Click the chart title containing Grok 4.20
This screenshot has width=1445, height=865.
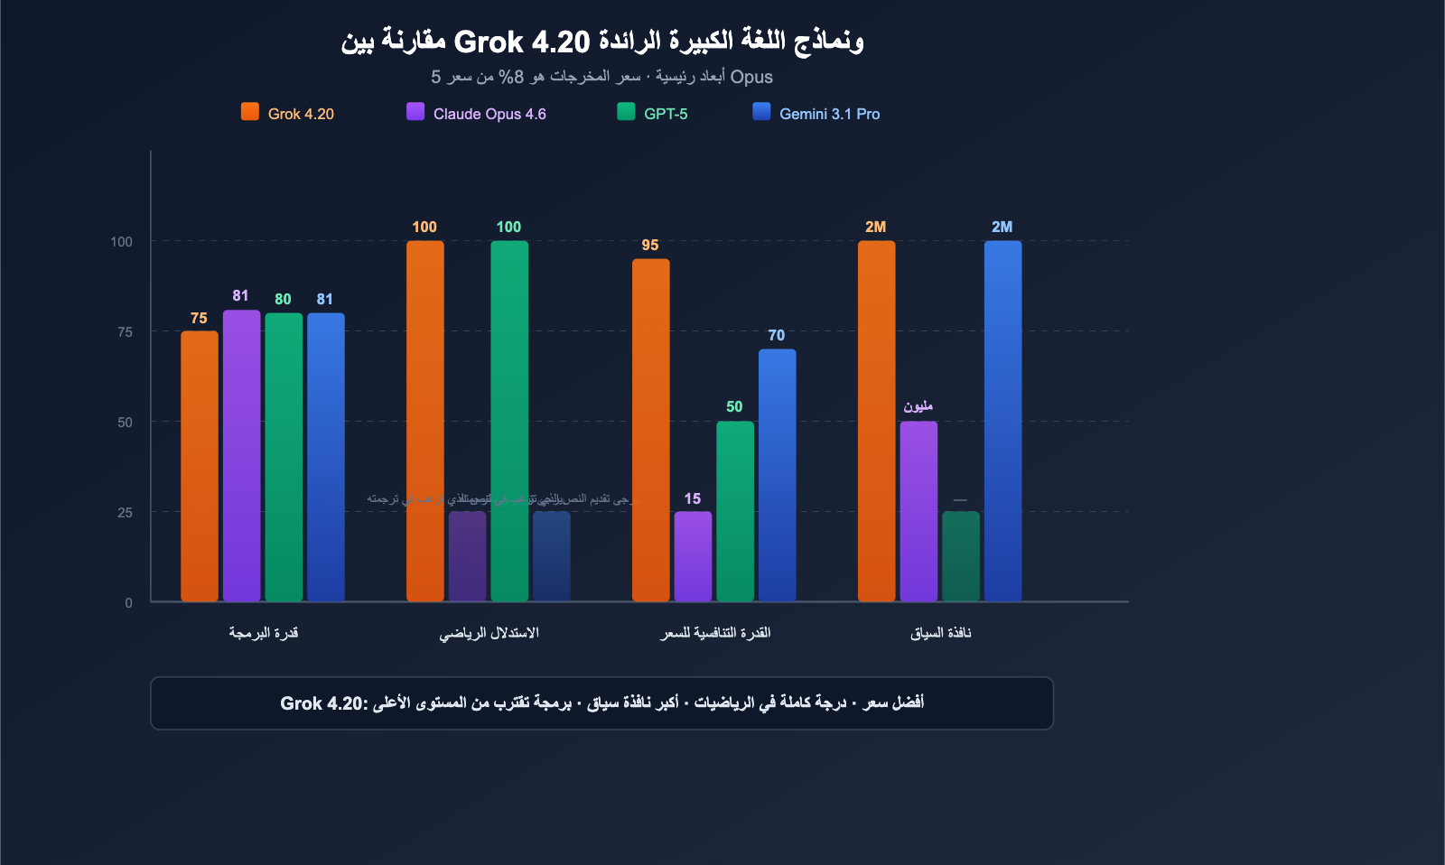tap(601, 42)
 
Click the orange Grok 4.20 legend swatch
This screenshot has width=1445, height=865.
tap(250, 112)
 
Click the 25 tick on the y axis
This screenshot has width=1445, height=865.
tap(125, 513)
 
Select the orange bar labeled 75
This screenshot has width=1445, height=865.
tap(199, 466)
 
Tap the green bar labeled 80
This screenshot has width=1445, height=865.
tap(284, 457)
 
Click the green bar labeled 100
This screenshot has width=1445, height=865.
tap(509, 421)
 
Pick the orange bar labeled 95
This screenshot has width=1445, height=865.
tap(650, 430)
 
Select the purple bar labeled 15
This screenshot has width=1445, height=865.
tap(693, 556)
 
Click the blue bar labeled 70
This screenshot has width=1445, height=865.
tap(777, 475)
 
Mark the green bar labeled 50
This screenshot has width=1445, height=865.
tap(734, 511)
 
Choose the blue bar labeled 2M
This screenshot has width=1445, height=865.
tap(1002, 421)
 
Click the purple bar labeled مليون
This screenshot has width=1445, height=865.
tap(918, 511)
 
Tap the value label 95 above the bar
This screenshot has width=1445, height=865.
tap(650, 246)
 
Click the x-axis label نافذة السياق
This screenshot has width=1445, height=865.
tap(940, 633)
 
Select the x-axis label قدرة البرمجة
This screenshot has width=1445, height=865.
tap(263, 633)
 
